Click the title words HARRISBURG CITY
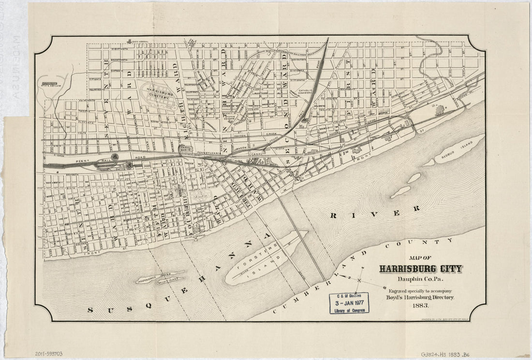pyautogui.click(x=420, y=269)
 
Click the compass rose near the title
pyautogui.click(x=360, y=280)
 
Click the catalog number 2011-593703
pyautogui.click(x=48, y=354)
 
